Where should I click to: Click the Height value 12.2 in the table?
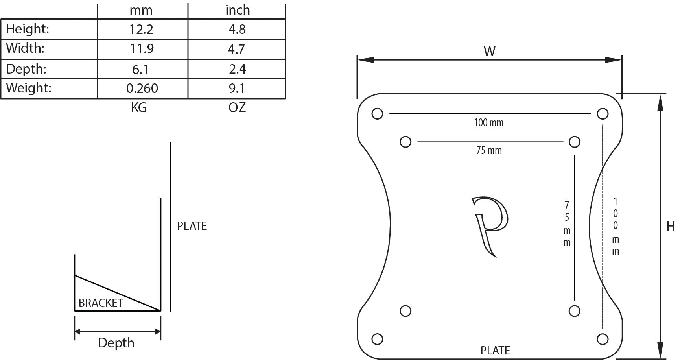tap(141, 30)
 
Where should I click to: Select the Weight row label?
tap(29, 88)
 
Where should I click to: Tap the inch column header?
tap(238, 10)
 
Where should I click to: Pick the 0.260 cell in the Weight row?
tap(142, 88)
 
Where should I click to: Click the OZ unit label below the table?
tap(237, 107)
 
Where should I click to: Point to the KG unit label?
tap(139, 107)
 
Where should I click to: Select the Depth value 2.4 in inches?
tap(237, 69)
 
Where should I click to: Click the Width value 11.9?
tap(142, 49)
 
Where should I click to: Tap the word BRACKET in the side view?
tap(101, 303)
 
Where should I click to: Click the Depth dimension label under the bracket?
tap(116, 343)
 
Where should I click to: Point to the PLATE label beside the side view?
tap(192, 226)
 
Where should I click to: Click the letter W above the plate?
tap(489, 52)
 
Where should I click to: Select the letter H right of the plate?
tap(671, 226)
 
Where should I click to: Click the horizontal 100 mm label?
tap(488, 123)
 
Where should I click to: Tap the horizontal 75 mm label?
tap(489, 150)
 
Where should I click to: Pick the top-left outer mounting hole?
tap(377, 114)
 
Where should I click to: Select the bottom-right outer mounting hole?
tap(603, 339)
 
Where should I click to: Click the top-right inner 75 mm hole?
tap(574, 142)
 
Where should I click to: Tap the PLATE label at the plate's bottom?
tap(495, 350)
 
